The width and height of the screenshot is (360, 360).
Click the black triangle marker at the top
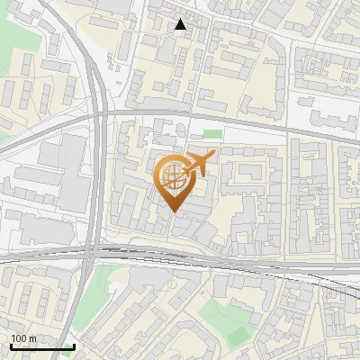pos(181,24)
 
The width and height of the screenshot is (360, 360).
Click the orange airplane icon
pos(200,163)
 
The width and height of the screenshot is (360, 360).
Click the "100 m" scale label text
pos(23,338)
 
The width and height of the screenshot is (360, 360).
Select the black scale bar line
pos(41,346)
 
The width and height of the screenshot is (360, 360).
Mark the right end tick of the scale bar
pos(74,345)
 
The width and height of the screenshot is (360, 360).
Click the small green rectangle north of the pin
pos(212,135)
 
